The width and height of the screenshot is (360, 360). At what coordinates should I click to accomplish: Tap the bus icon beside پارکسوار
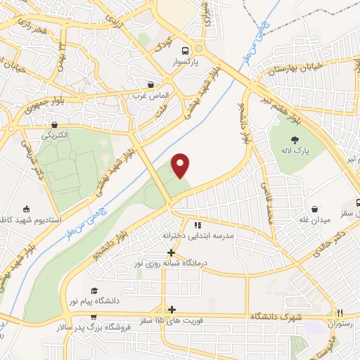[x=184, y=51]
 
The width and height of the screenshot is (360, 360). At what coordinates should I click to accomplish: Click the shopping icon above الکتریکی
[x=51, y=121]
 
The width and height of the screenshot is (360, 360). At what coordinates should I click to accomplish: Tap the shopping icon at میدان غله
[x=314, y=209]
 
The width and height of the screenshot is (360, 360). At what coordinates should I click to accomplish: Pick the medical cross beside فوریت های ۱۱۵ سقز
[x=172, y=309]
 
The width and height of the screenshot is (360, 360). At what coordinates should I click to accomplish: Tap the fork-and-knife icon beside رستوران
[x=340, y=314]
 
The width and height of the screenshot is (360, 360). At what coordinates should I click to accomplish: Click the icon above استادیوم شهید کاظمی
[x=27, y=209]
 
